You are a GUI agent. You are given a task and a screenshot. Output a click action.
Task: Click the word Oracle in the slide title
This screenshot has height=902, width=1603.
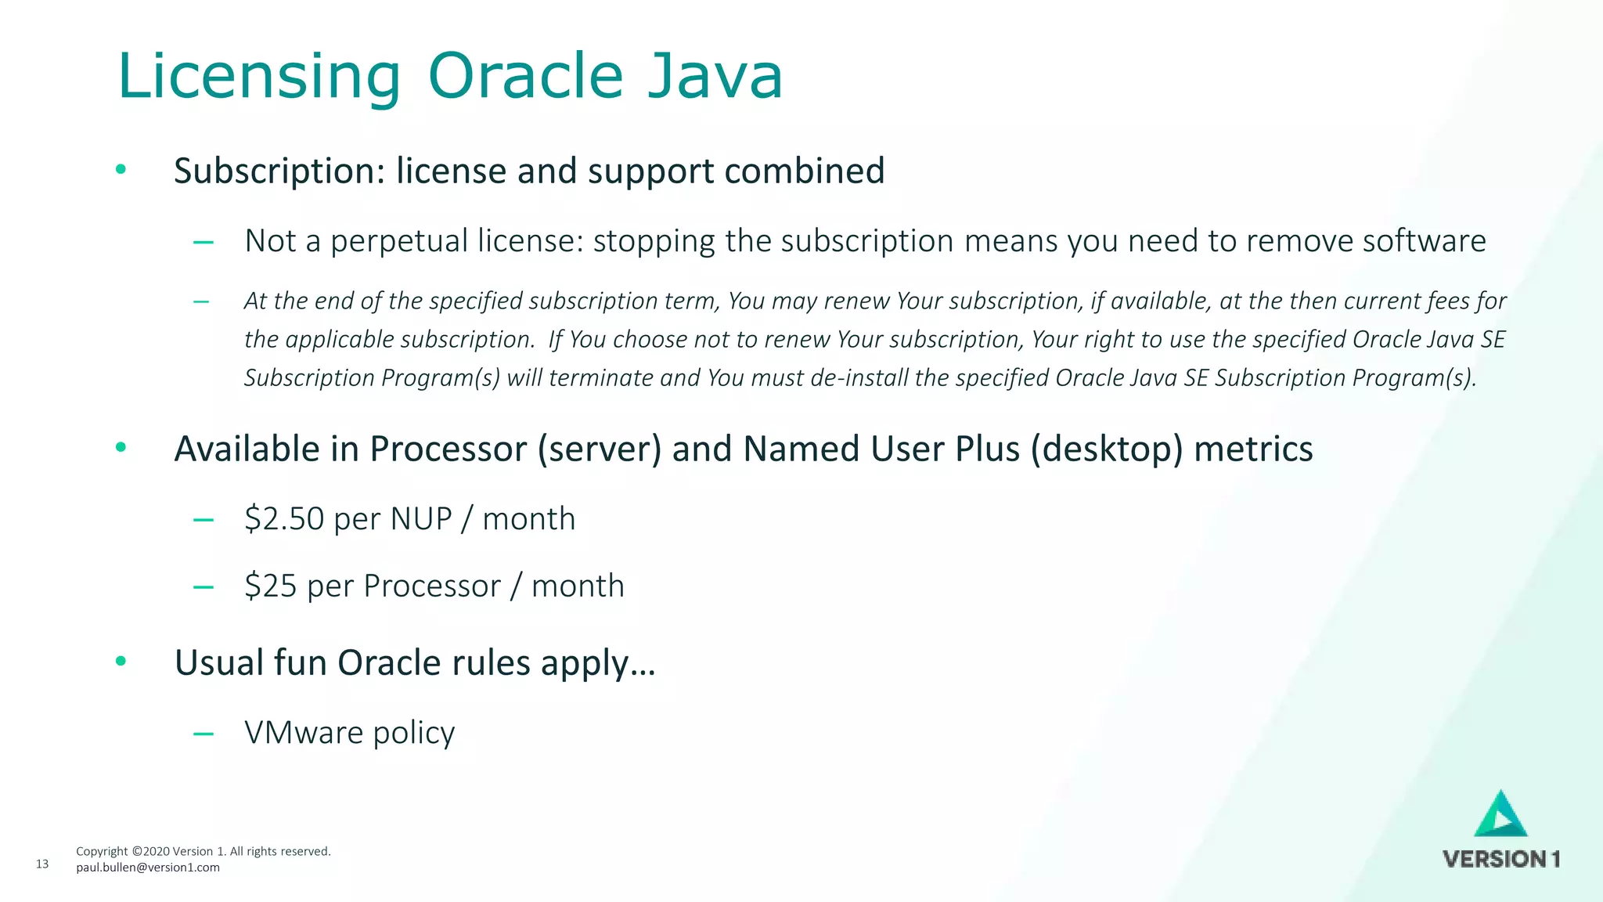pos(525,76)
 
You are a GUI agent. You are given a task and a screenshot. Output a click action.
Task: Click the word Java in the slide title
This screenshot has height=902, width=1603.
pos(715,76)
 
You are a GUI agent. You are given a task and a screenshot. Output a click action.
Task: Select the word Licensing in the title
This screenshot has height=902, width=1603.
pos(258,76)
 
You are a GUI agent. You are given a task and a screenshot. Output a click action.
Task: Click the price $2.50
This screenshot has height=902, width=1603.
pos(284,519)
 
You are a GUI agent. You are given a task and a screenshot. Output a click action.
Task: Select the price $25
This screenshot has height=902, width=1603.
pos(270,586)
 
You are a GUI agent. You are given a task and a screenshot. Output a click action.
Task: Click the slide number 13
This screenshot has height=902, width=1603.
pos(42,864)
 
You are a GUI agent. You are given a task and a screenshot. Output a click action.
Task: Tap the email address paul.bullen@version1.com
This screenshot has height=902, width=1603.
pos(148,868)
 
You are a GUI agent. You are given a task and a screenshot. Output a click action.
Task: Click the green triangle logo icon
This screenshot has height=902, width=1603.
pos(1500,815)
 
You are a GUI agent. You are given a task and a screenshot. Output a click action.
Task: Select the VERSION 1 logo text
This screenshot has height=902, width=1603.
pos(1501,860)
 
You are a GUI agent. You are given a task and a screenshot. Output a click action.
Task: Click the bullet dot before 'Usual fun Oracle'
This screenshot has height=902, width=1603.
pos(121,662)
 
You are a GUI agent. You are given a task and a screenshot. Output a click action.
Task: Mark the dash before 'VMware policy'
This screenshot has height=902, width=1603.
pos(204,734)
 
